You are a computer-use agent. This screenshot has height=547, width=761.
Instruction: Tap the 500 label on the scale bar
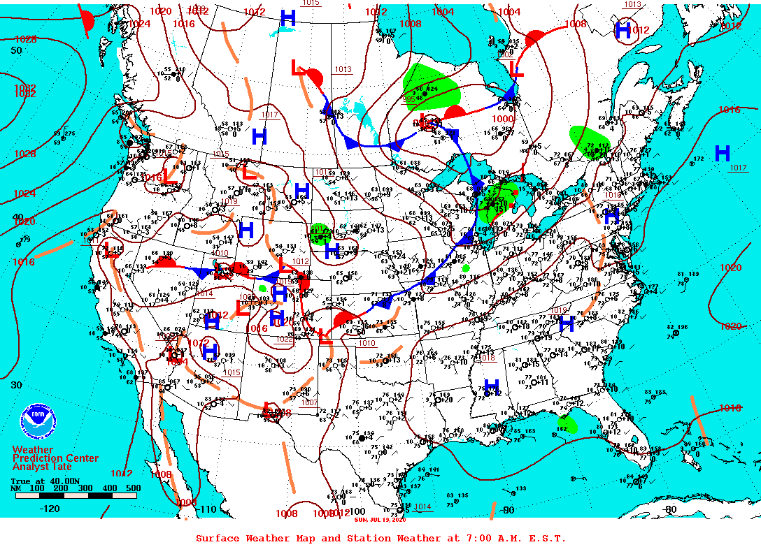[132, 488]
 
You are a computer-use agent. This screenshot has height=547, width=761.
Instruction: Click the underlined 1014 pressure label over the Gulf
[422, 507]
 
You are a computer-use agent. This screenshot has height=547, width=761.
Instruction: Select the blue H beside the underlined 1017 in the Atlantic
[723, 153]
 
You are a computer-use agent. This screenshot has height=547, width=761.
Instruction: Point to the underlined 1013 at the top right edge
[632, 5]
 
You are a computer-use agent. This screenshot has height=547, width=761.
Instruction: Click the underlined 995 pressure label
[409, 99]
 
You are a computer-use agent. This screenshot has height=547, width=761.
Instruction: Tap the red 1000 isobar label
[502, 119]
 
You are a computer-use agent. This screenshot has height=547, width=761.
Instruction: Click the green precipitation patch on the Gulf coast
[568, 423]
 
